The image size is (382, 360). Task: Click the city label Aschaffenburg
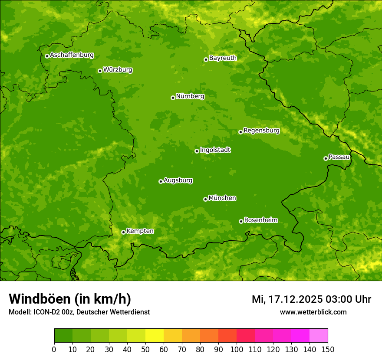tap(72, 55)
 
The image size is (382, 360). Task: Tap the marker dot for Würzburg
tap(100, 71)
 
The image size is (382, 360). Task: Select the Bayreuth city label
tap(223, 58)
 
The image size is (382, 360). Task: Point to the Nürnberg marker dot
tap(173, 98)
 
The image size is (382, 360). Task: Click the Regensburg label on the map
tap(261, 131)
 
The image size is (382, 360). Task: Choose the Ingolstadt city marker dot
tap(197, 151)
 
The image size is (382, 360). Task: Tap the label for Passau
tap(339, 157)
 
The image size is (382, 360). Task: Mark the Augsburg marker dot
tap(161, 181)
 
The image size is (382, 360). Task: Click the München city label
tap(222, 198)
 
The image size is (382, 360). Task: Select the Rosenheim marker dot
tap(241, 221)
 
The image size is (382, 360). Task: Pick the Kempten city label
tap(140, 231)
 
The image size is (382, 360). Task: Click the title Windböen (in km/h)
tap(70, 299)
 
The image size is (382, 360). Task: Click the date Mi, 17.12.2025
tap(287, 299)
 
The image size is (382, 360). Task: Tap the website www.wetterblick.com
tap(313, 312)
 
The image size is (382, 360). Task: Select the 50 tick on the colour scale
tap(145, 349)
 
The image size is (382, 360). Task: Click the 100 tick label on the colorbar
tap(237, 349)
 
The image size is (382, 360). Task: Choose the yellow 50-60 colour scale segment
tap(155, 336)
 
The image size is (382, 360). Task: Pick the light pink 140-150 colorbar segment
tap(319, 336)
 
